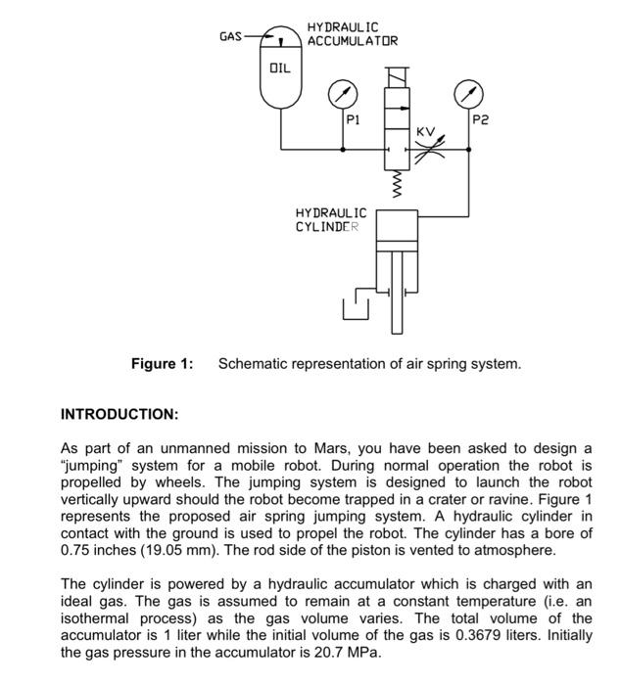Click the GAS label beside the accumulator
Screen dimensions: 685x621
coord(231,37)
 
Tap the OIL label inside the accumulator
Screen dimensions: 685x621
coord(280,68)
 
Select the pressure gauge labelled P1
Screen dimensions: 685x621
coord(342,94)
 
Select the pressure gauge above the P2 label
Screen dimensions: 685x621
coord(468,94)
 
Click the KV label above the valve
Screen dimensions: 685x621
coord(425,130)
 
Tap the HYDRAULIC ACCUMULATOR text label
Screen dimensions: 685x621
coord(352,34)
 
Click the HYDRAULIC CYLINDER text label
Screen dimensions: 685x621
coord(330,219)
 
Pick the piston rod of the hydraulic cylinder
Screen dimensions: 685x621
coord(397,294)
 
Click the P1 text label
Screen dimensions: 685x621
coord(354,120)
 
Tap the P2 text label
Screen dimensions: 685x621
coord(480,120)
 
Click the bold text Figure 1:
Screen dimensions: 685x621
coord(163,364)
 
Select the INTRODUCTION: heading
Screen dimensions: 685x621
coord(119,414)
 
